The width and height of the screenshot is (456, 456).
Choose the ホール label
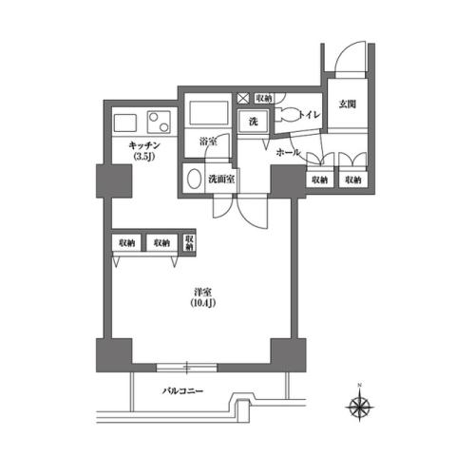pyautogui.click(x=288, y=152)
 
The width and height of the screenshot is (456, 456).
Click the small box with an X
pyautogui.click(x=242, y=97)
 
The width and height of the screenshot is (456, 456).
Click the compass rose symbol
pyautogui.click(x=359, y=408)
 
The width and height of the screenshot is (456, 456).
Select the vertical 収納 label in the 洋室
pyautogui.click(x=190, y=242)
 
